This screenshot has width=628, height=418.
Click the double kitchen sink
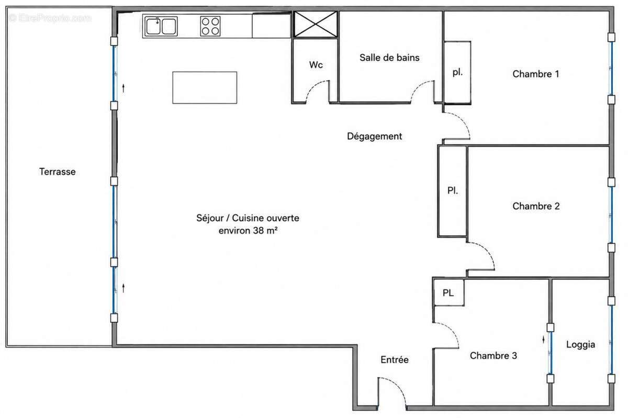pos(161,26)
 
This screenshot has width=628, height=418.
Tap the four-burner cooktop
pos(210,26)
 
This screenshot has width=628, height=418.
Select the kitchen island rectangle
pos(205,87)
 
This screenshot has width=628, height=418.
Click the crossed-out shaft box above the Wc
pos(316,25)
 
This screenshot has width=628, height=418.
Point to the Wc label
pos(316,65)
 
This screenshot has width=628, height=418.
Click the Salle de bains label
pos(389,58)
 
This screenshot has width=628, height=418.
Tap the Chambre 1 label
pos(536,74)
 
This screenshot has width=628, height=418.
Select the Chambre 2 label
pos(536,206)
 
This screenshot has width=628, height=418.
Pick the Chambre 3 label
pos(494,355)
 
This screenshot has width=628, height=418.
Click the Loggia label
pos(580,345)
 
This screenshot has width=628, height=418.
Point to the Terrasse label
pos(58,172)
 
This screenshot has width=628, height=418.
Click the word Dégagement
pos(375,136)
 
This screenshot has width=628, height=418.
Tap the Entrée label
pos(395,360)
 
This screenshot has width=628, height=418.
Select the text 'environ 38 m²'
pos(248,230)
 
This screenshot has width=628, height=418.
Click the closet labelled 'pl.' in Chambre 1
pos(457,73)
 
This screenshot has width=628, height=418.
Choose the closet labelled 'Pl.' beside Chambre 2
pos(453,191)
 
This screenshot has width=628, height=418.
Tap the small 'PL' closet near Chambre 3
pos(448,292)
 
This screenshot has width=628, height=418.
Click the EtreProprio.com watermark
pos(50,18)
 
